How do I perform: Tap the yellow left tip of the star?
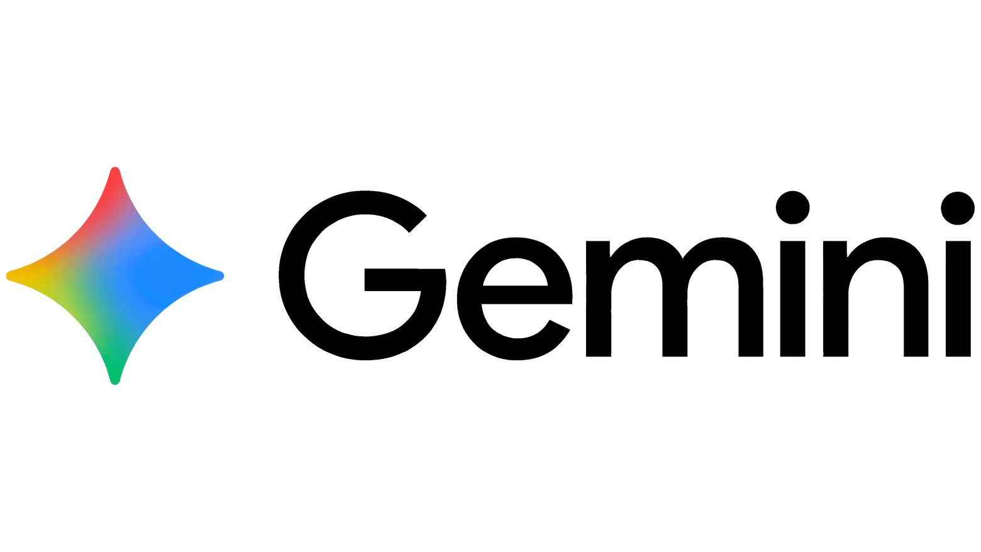click(10, 275)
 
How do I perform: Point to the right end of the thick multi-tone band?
click(275, 290)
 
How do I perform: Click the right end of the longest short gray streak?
click(335, 360)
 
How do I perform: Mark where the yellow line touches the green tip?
click(121, 384)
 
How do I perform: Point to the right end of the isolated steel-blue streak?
click(295, 334)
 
